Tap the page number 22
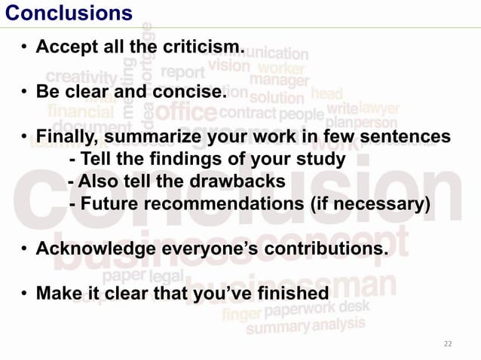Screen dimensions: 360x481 coord(448,343)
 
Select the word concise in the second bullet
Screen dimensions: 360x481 coord(195,93)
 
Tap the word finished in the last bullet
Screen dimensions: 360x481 coord(290,293)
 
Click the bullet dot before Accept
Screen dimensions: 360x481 coord(25,48)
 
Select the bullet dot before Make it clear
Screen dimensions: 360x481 coord(25,293)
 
